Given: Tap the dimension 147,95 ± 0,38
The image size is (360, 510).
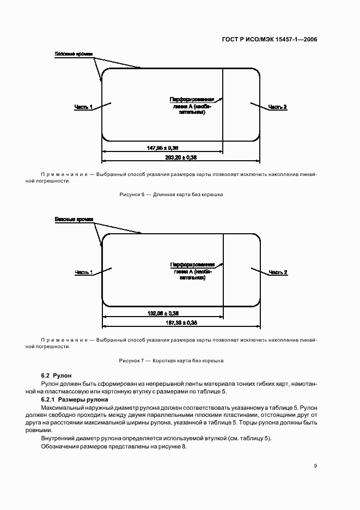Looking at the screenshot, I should (x=163, y=148).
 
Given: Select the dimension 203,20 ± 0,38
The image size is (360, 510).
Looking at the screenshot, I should (x=180, y=157).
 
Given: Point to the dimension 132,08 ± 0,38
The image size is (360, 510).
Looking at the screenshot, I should (x=163, y=313).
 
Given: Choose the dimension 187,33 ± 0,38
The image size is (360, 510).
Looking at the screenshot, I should (x=180, y=323).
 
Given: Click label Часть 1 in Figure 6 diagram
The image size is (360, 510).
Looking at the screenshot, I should (x=83, y=107).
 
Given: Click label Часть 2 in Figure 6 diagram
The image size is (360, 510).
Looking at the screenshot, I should (x=278, y=107).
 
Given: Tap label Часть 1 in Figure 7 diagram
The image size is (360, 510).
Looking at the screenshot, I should (x=83, y=272).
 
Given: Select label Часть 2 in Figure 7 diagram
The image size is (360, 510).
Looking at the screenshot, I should (x=278, y=272).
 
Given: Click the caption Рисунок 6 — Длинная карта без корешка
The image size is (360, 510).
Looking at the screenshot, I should (x=171, y=195).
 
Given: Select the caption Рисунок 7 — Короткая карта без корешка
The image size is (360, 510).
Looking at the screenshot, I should (x=171, y=361).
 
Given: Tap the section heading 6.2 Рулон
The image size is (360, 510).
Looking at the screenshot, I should (x=53, y=376).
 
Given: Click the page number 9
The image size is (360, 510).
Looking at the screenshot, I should (x=315, y=465).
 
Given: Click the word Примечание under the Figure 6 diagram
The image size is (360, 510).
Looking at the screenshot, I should (x=64, y=174).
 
